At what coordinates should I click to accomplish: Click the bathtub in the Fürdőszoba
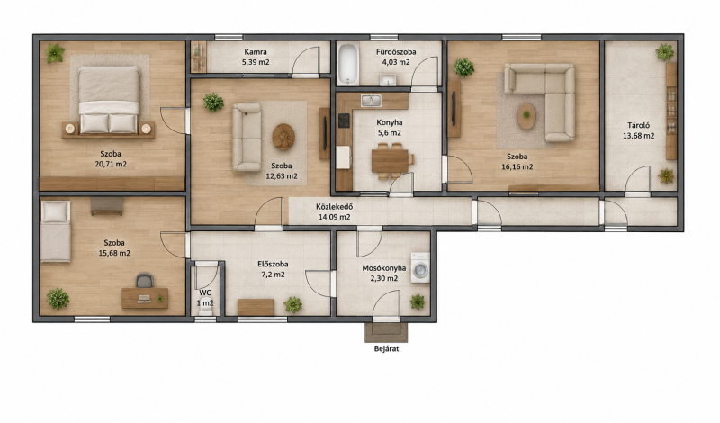pos(347,64)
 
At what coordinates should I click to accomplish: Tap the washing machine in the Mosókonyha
pos(420,267)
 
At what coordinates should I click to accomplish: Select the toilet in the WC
pos(205,310)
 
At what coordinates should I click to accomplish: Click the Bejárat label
pos(387,348)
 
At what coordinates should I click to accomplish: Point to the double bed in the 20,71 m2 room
pos(109,100)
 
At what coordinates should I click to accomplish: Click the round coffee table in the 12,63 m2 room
pos(283,137)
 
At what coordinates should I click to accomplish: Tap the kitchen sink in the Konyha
pos(371,101)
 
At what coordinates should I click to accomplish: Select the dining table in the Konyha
pos(390,161)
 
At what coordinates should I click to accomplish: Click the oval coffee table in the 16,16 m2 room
pos(526,116)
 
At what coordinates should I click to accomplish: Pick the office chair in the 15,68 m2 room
pos(144,281)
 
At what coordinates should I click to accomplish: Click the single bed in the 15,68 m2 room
pos(56,231)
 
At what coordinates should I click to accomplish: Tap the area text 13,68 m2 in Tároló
pos(639,136)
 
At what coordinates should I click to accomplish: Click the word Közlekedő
pos(334,207)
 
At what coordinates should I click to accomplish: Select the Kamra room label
pos(256,52)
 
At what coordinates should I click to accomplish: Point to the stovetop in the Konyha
pos(344,121)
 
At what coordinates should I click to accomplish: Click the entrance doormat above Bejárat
pos(386,332)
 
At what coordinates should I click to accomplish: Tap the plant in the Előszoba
pos(292,304)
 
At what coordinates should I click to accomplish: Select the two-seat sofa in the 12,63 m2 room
pos(247,137)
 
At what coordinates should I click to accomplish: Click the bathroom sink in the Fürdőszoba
pos(388,81)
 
